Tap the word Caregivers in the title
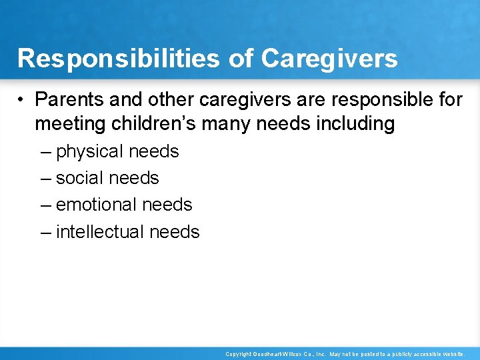click(x=329, y=59)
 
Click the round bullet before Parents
click(x=23, y=100)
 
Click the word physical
click(x=90, y=152)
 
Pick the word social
click(x=80, y=178)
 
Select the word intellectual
click(x=100, y=231)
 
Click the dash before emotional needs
click(x=45, y=205)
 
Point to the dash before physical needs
click(x=45, y=152)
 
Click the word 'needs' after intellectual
click(x=175, y=231)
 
